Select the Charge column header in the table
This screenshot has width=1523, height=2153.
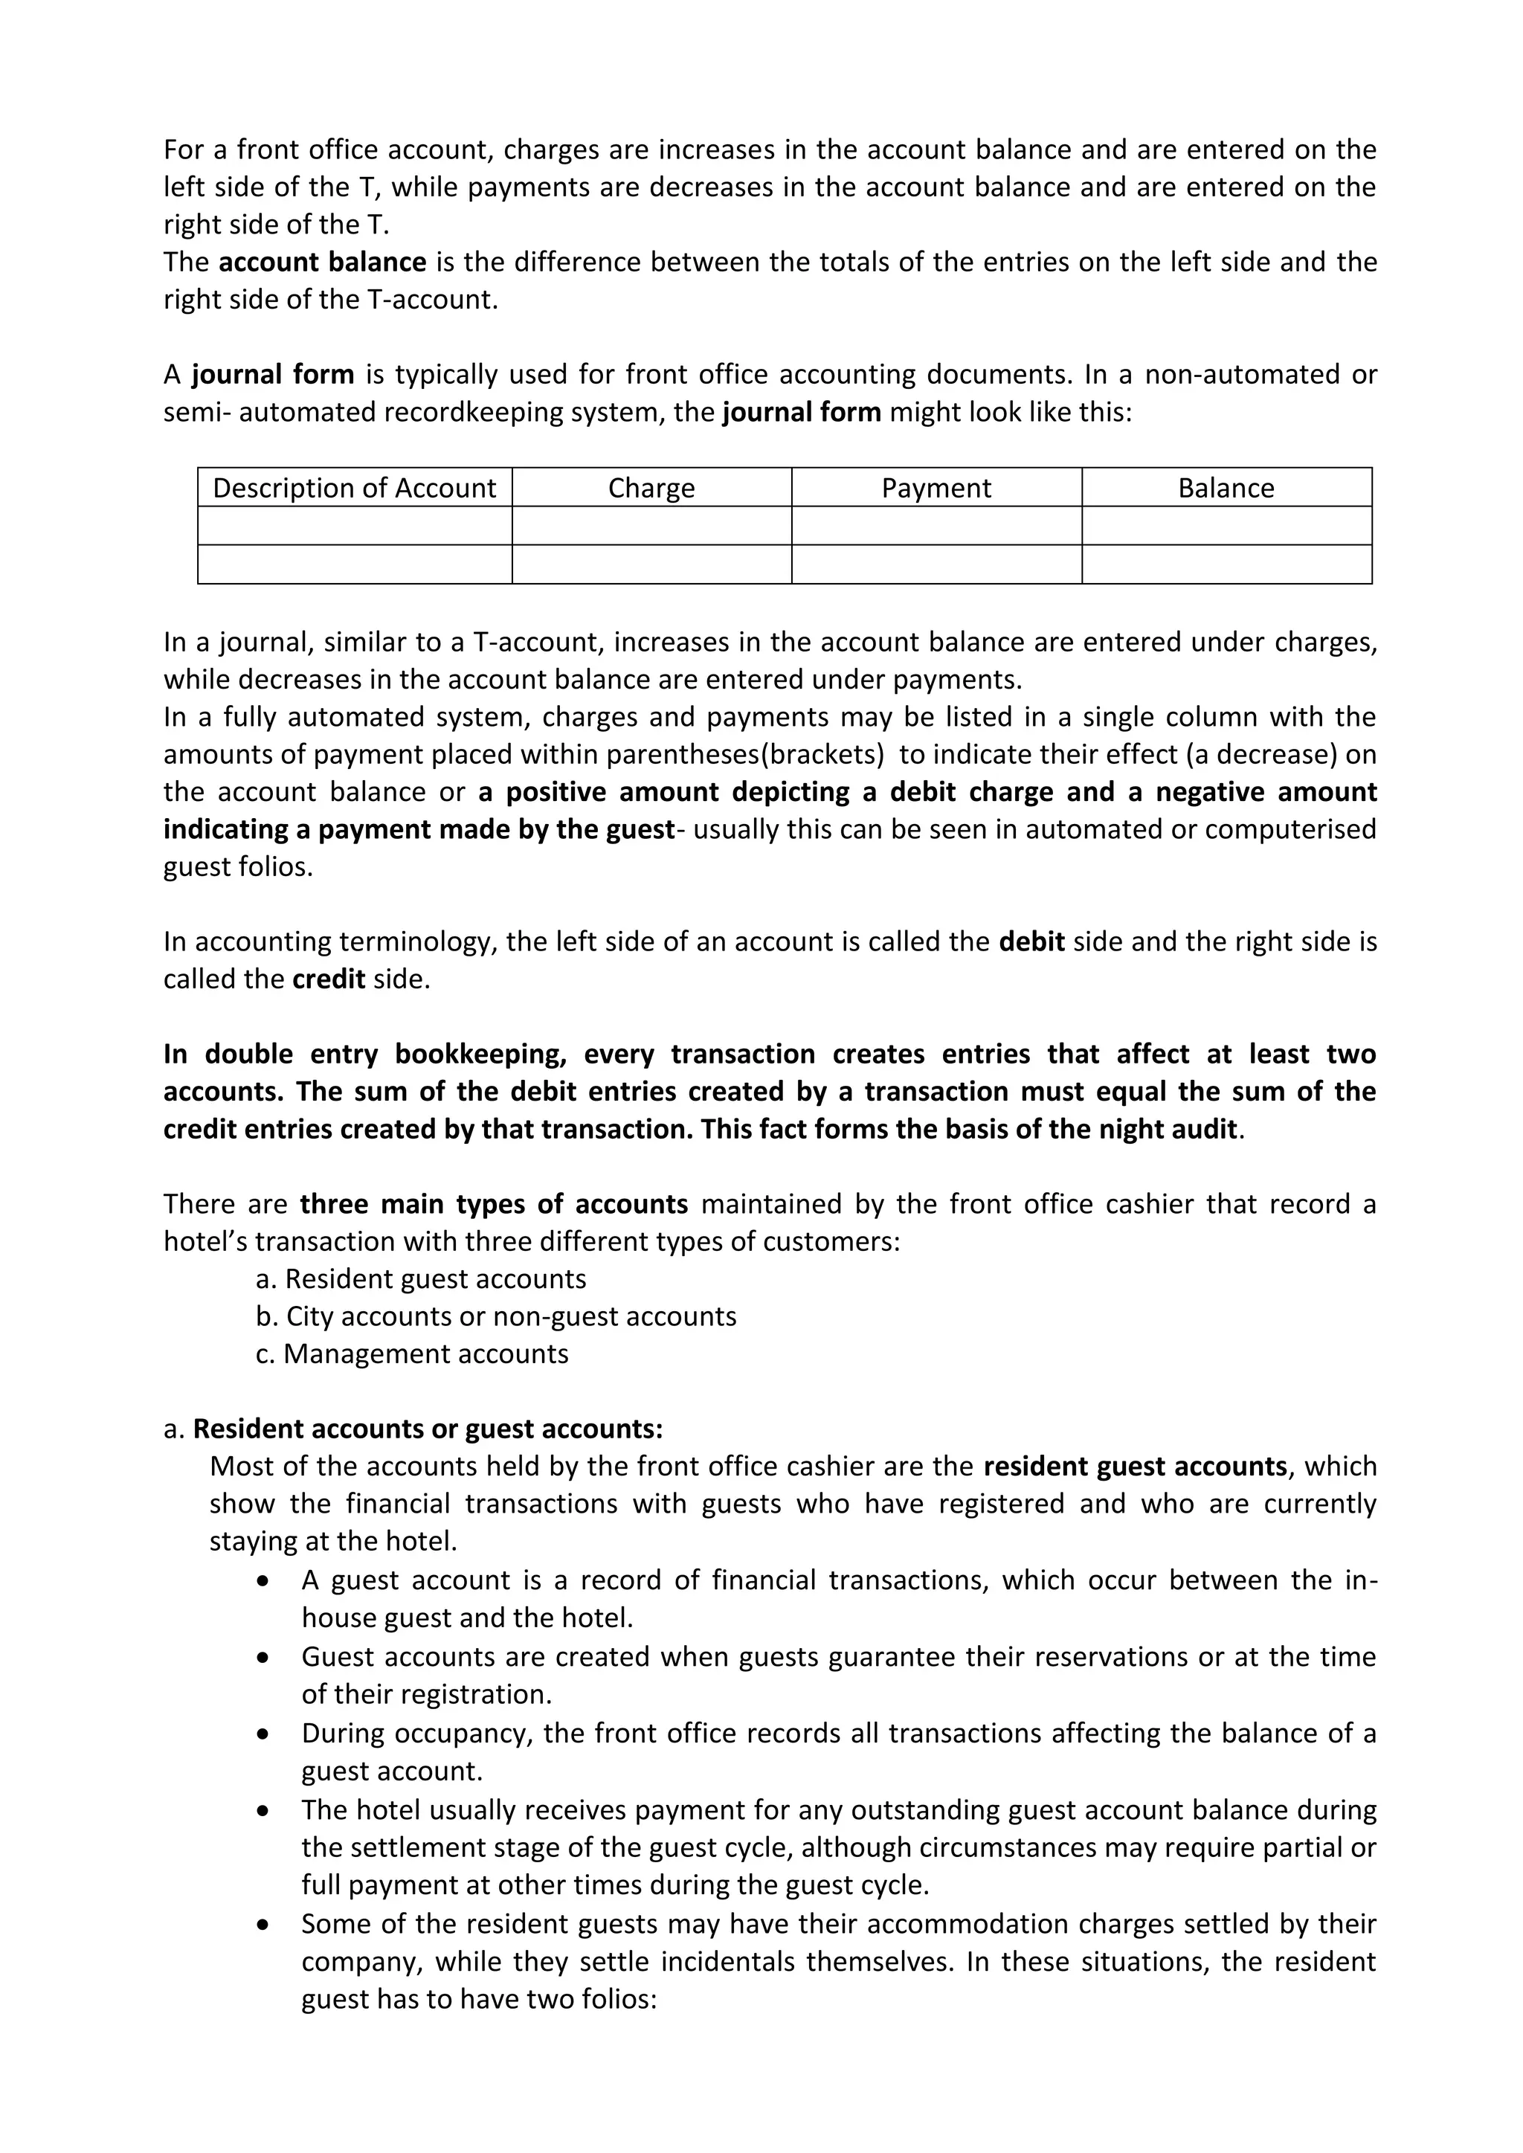coord(651,488)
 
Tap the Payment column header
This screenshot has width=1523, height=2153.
coord(936,488)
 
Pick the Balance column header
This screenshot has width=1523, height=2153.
coord(1226,488)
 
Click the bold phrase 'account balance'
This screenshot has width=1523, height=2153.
coord(322,262)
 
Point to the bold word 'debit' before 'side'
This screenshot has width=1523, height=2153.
coord(1031,942)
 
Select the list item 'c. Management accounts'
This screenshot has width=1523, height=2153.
coord(412,1354)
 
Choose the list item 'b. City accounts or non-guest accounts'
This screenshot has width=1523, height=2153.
coord(496,1316)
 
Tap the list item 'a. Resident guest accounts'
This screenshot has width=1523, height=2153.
coord(421,1279)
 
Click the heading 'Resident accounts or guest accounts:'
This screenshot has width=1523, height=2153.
coord(428,1429)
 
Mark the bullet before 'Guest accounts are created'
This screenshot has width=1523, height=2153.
coord(263,1658)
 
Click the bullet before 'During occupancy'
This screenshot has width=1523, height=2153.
coord(263,1734)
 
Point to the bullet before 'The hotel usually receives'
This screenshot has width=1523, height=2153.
coord(263,1810)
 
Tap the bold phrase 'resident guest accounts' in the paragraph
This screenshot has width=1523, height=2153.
coord(1135,1467)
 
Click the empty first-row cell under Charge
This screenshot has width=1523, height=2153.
coord(651,526)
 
